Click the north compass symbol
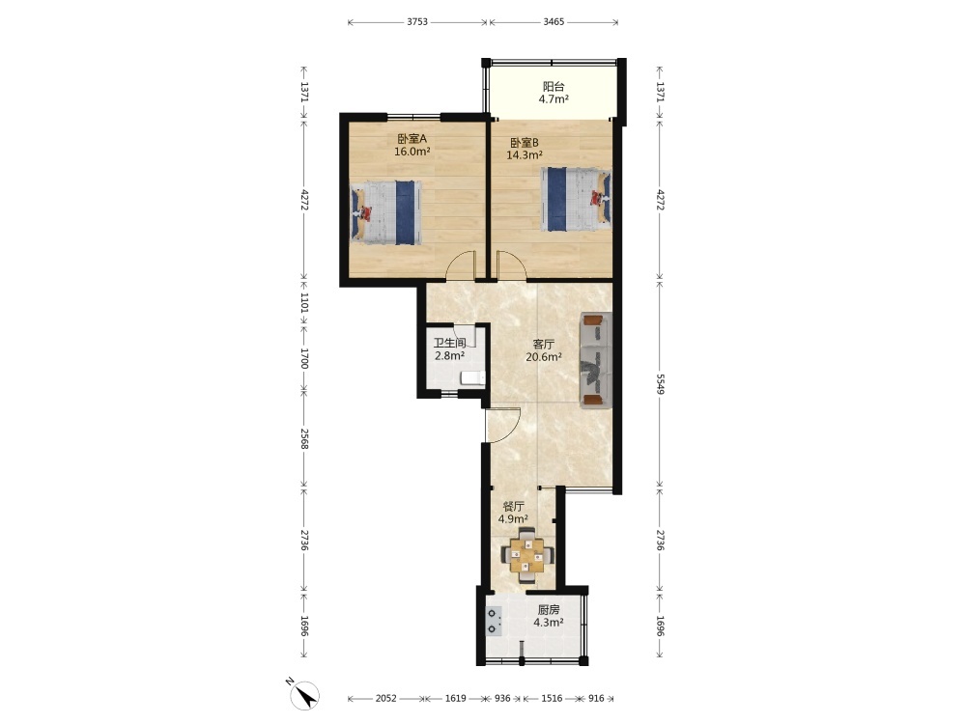pos(303,695)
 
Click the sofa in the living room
pos(595,360)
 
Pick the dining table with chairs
pos(526,555)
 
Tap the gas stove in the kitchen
pos(494,620)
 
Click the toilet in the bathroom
pos(472,377)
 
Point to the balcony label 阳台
pos(554,87)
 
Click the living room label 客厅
pos(543,345)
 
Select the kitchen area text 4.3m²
pos(549,623)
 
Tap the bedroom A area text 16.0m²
pos(412,152)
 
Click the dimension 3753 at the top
pos(417,22)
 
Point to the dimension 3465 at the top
pos(554,22)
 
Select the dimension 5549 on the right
pos(660,384)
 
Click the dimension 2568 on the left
pos(303,437)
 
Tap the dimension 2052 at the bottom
pos(386,698)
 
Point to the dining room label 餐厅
pos(513,507)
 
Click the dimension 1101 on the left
pos(303,302)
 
